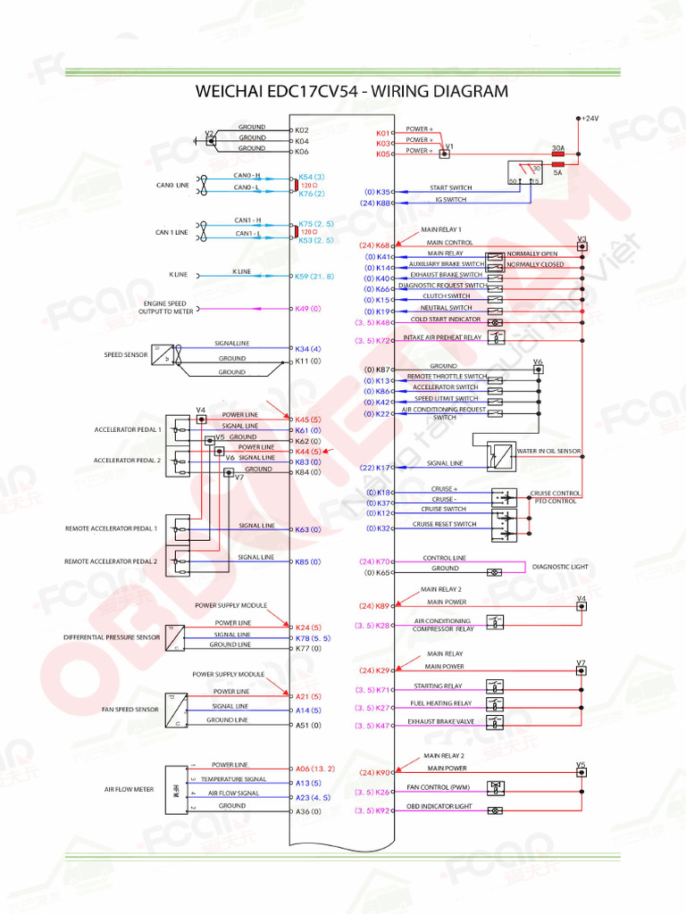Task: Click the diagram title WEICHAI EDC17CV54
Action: click(351, 91)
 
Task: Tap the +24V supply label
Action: click(590, 118)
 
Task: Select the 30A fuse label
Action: click(558, 148)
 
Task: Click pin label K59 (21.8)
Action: click(314, 277)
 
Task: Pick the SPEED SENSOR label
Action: click(126, 354)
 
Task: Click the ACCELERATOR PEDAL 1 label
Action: click(128, 429)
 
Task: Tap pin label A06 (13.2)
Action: click(314, 769)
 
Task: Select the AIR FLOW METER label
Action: click(129, 790)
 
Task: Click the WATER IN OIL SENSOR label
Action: click(548, 451)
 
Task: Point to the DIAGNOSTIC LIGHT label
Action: click(561, 567)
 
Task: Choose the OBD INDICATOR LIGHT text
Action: click(439, 807)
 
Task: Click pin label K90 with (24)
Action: click(376, 773)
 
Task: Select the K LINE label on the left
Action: click(177, 275)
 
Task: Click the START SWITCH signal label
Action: click(451, 187)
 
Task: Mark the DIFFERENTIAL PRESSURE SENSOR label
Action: click(112, 637)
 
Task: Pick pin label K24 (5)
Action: click(308, 627)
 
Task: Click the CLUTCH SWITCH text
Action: click(446, 295)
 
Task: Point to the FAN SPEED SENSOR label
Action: click(130, 709)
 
